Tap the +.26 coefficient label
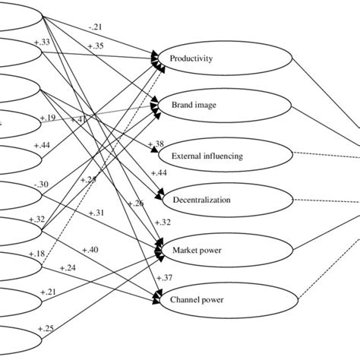(136, 203)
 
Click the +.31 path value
(96, 212)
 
